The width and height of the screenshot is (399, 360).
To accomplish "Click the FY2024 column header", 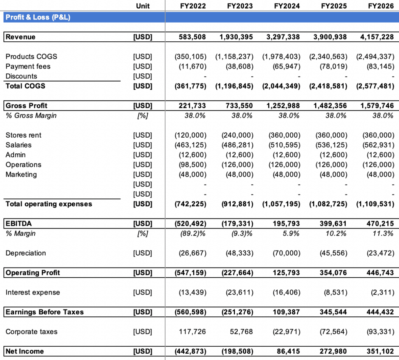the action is [287, 6].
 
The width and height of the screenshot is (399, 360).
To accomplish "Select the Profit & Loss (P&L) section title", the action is [38, 17].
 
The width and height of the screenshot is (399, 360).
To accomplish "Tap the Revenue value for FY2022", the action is [192, 37].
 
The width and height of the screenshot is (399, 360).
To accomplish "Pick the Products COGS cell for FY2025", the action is [328, 57].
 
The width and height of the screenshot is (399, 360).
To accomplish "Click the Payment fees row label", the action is [28, 66].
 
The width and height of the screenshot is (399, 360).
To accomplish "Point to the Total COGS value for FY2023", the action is [234, 86].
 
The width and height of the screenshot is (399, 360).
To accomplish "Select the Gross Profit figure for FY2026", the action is [377, 106].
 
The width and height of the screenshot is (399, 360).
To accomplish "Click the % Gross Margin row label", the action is [31, 116].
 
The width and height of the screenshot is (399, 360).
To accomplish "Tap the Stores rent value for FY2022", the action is [191, 135].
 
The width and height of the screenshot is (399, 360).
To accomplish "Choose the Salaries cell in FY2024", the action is [284, 145].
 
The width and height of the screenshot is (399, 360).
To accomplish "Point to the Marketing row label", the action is [21, 174].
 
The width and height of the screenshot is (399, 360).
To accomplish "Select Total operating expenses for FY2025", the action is [328, 204].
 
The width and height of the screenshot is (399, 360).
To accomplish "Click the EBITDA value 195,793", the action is [286, 224].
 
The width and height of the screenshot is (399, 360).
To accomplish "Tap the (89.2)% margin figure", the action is [193, 234].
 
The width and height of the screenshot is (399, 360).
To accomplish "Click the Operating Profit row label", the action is [33, 273].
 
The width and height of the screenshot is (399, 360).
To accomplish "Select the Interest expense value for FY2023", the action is [240, 293].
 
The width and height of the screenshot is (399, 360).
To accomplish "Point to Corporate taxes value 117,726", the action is [192, 332].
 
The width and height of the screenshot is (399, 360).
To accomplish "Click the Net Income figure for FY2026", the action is [380, 351].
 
